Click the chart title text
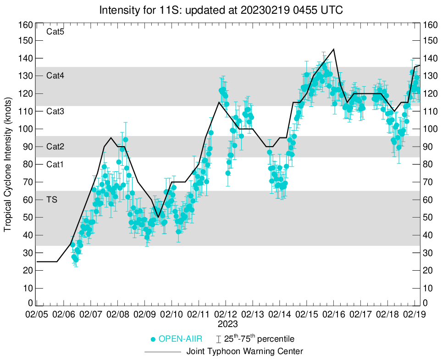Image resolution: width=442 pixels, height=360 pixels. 221,10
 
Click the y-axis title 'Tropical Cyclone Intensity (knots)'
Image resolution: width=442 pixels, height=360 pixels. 8,164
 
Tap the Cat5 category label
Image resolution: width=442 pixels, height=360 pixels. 55,32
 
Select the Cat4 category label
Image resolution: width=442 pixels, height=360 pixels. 55,76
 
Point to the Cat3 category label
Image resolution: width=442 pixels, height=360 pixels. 55,111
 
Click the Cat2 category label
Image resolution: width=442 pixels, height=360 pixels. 55,147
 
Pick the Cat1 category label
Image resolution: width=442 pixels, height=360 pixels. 55,164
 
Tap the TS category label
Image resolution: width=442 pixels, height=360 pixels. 52,200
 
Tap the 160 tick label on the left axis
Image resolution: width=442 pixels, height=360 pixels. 25,25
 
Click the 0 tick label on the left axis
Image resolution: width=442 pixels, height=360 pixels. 30,303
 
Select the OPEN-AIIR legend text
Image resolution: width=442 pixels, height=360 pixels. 181,339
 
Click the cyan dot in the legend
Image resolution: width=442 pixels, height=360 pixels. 154,339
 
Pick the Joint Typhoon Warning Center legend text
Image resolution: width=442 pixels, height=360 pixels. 245,352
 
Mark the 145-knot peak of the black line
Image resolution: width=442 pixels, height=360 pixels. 333,49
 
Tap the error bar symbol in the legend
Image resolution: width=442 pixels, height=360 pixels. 219,339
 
